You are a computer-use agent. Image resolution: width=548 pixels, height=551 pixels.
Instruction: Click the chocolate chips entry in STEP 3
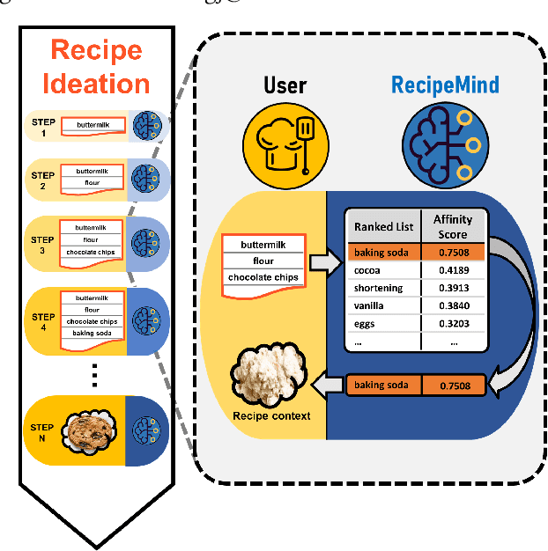point(91,253)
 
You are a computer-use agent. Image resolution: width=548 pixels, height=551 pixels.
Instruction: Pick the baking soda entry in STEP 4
point(91,333)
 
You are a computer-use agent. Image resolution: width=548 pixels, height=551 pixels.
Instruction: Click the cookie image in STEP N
point(93,430)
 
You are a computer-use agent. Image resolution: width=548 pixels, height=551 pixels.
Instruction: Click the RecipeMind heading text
point(445,84)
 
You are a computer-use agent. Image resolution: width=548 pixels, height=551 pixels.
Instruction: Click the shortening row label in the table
point(378,288)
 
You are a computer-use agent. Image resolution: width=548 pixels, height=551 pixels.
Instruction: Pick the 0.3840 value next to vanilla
point(451,306)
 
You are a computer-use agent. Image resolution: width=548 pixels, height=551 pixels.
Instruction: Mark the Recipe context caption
point(270,415)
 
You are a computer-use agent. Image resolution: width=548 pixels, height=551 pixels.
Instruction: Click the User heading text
point(285,85)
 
